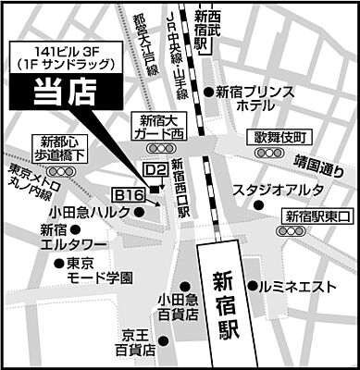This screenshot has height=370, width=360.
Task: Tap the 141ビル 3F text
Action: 65,52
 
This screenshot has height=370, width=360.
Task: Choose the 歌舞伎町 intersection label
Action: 280,136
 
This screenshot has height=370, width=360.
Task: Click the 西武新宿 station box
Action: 209,24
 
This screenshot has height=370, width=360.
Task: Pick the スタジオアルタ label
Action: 278,191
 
